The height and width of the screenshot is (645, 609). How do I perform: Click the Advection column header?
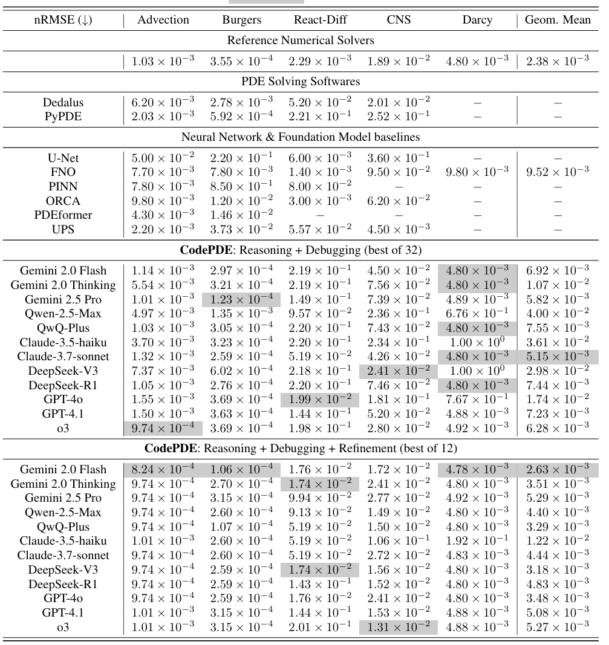point(163,20)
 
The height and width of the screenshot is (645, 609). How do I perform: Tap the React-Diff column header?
point(320,20)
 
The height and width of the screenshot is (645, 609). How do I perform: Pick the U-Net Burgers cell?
point(242,159)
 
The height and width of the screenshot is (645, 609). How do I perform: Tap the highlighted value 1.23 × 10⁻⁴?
point(242,299)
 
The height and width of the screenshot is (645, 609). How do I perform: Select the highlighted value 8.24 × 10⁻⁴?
point(163,470)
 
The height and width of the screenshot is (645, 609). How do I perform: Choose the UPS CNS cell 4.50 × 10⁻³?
point(399,229)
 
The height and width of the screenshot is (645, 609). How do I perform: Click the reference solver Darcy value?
point(477,61)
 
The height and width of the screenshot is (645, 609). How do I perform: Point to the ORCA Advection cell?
point(163,201)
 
